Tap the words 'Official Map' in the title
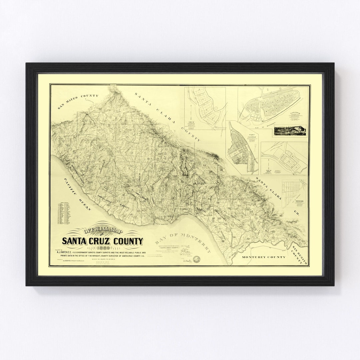point(102,231)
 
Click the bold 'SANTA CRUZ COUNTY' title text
point(102,241)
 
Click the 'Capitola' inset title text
point(296,113)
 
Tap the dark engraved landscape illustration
point(289,131)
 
